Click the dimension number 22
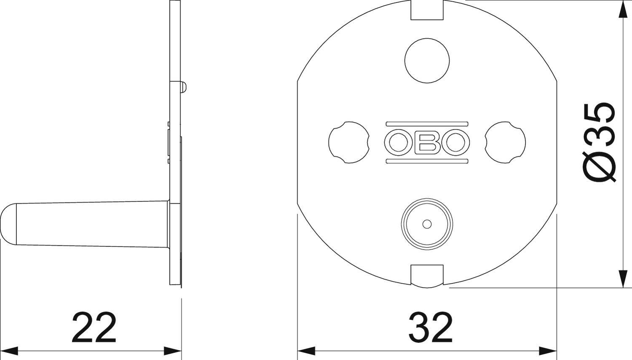click(x=94, y=328)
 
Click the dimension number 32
click(x=430, y=328)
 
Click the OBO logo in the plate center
click(x=427, y=143)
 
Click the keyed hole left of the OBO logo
click(x=348, y=142)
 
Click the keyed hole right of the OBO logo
click(x=505, y=142)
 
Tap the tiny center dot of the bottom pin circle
click(x=427, y=223)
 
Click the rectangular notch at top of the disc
click(x=427, y=11)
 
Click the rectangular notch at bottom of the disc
click(x=427, y=275)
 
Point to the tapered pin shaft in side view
click(x=93, y=223)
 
